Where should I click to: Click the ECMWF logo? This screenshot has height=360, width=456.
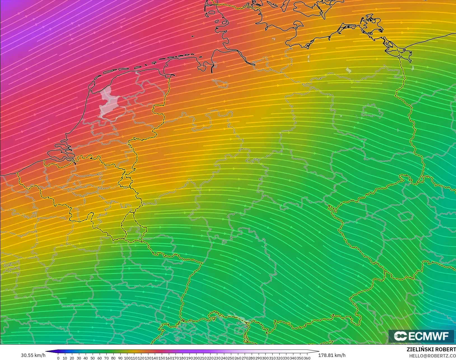tap(421, 336)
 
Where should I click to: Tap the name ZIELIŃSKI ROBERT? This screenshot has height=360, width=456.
tap(431, 350)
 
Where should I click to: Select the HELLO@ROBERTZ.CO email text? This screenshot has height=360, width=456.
tap(432, 356)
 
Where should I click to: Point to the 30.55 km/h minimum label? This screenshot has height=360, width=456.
tap(33, 355)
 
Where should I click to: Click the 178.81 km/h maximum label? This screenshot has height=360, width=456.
tap(332, 355)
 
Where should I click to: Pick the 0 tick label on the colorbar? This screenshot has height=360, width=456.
tap(58, 358)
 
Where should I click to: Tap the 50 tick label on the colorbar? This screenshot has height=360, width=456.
tap(93, 358)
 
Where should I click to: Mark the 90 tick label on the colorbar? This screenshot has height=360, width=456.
tap(120, 358)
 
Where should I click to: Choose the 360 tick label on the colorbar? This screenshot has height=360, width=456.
tap(307, 358)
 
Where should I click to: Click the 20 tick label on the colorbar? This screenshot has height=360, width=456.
tap(72, 358)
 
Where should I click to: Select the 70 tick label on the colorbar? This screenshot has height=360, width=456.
tap(106, 358)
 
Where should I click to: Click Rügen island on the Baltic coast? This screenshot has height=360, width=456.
tap(372, 24)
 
